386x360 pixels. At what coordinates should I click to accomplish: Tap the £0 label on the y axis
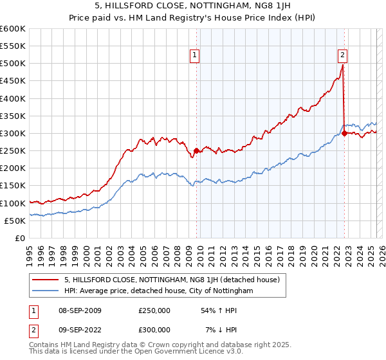pos(20,238)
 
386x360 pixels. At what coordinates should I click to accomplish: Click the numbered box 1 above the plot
pos(195,56)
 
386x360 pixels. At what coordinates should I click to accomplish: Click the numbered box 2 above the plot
pos(343,56)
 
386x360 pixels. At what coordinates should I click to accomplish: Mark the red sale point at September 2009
pos(196,150)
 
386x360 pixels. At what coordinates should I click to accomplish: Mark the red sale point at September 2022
pos(344,133)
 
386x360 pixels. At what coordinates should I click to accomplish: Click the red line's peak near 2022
pos(343,65)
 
